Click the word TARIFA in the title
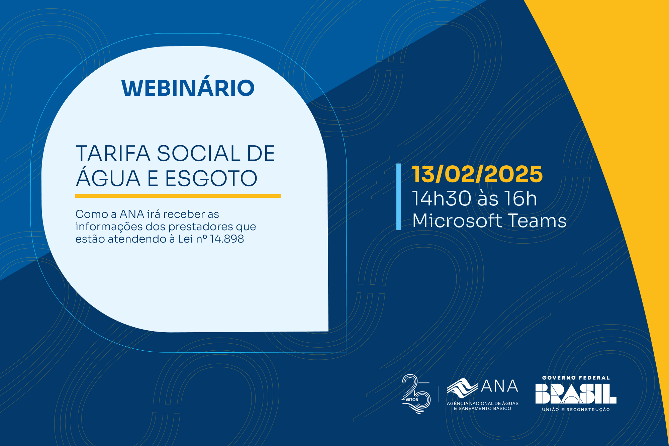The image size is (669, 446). (x=113, y=154)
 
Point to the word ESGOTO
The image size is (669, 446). (x=211, y=178)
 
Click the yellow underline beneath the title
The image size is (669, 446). (x=178, y=196)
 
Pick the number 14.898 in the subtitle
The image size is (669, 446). (x=227, y=239)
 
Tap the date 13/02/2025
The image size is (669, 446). (x=477, y=174)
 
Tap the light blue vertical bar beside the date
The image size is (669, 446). (x=399, y=197)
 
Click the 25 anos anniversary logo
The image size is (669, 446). (x=416, y=394)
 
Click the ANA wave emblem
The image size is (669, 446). (x=462, y=388)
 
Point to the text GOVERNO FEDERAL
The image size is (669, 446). (x=576, y=378)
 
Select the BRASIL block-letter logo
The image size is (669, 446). (x=576, y=393)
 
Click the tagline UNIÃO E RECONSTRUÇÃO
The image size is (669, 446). (x=576, y=409)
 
